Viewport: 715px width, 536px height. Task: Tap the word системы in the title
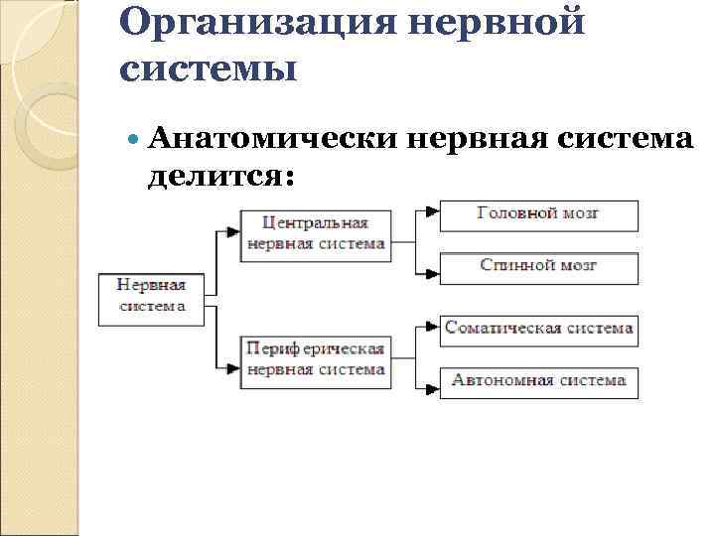click(x=208, y=68)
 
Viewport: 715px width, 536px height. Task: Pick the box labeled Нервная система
click(x=153, y=295)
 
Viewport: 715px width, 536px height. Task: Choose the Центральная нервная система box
click(x=315, y=233)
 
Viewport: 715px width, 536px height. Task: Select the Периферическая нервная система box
click(x=315, y=358)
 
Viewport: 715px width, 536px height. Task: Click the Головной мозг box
click(x=538, y=214)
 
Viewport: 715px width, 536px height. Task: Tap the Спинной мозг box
click(x=538, y=266)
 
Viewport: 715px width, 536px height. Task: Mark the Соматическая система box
click(x=538, y=329)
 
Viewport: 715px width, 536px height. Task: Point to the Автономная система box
click(x=538, y=381)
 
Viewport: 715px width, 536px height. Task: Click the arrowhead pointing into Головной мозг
click(x=430, y=212)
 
